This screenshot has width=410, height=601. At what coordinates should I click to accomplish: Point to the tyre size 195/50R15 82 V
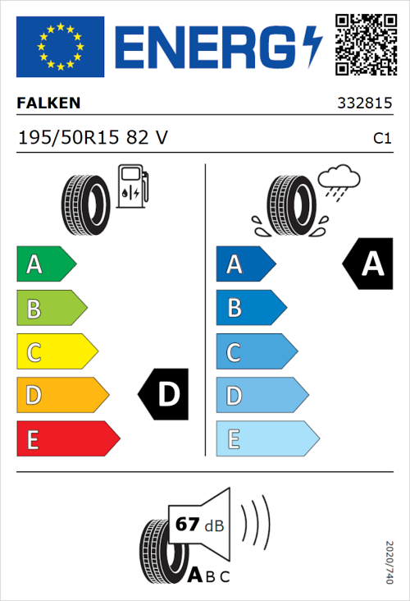pyautogui.click(x=93, y=138)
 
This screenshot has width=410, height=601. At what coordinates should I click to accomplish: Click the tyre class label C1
pyautogui.click(x=381, y=139)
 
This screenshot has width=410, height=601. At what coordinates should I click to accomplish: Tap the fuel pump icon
pyautogui.click(x=133, y=187)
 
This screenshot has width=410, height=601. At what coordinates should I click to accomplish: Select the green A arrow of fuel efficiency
pyautogui.click(x=45, y=264)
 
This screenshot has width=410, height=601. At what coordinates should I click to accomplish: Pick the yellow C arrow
pyautogui.click(x=56, y=352)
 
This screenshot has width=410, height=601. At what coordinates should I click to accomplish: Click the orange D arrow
pyautogui.click(x=61, y=396)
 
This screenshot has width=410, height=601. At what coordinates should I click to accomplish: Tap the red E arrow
pyautogui.click(x=67, y=439)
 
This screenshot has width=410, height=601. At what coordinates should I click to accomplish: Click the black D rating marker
pyautogui.click(x=164, y=395)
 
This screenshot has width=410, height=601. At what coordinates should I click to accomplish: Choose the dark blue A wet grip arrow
pyautogui.click(x=244, y=264)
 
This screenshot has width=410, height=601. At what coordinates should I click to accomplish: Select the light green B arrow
pyautogui.click(x=51, y=309)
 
